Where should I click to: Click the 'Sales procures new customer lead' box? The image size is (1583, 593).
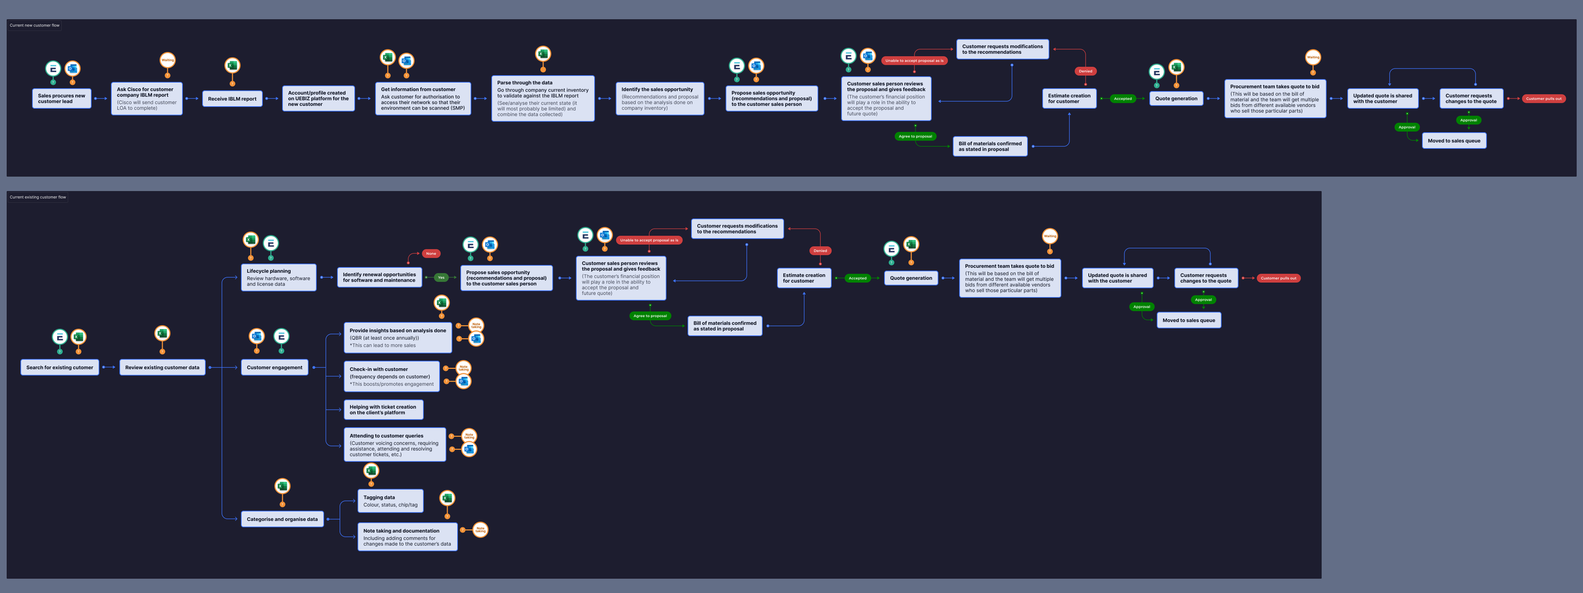(x=61, y=99)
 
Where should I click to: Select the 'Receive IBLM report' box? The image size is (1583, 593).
(x=232, y=99)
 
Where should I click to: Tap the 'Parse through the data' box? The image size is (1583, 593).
(x=543, y=99)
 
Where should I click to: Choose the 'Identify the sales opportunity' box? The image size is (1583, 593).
(x=659, y=99)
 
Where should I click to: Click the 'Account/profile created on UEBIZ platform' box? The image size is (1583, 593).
(x=318, y=99)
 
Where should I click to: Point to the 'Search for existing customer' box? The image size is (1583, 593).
(x=60, y=368)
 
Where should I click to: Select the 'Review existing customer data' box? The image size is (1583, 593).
(x=162, y=368)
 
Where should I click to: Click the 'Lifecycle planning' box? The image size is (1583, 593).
(x=278, y=277)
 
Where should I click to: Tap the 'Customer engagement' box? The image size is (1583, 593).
(x=274, y=368)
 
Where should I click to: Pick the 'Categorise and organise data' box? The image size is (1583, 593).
(x=282, y=520)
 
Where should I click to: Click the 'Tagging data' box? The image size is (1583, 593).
(x=390, y=501)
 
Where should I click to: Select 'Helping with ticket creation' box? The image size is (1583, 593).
(x=383, y=410)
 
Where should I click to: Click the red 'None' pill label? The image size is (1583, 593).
(x=431, y=254)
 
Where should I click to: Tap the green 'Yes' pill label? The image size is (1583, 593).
(x=441, y=278)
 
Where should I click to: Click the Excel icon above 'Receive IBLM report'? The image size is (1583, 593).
(x=232, y=65)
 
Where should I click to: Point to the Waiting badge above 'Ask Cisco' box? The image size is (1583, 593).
(x=167, y=60)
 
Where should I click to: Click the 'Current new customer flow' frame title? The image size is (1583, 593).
(x=35, y=25)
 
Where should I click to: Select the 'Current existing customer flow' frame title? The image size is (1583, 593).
(x=38, y=197)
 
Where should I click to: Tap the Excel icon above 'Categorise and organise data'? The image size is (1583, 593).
(x=282, y=486)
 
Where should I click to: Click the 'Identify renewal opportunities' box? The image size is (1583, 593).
(x=379, y=278)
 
